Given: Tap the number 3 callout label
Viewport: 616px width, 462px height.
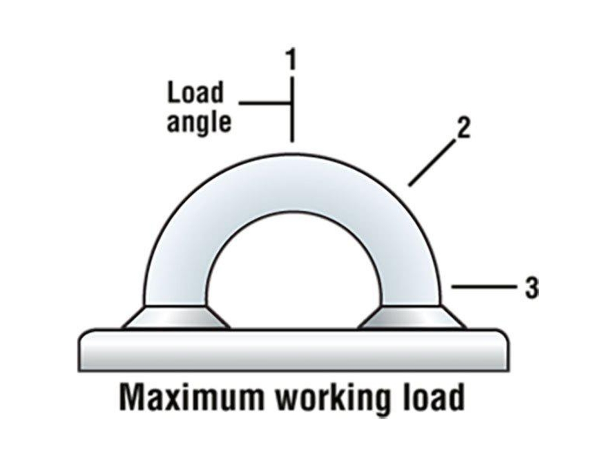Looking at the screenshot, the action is (532, 288).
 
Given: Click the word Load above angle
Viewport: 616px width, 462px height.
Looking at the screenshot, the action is (195, 92).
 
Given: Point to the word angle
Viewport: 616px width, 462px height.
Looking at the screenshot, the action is (199, 122).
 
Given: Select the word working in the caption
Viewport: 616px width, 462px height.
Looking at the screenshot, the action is (331, 398).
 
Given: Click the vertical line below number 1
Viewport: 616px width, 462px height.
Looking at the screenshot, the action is (291, 109).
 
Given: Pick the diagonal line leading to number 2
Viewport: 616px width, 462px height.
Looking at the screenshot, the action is (432, 163).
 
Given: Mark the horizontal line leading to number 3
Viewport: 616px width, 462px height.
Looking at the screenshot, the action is (484, 287).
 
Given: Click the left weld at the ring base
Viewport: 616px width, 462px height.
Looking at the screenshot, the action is (176, 317).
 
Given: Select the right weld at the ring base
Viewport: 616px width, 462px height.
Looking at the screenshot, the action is (412, 317).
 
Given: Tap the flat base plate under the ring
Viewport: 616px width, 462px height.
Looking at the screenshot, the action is (293, 350).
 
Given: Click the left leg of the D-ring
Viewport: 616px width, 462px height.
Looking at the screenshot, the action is (176, 275).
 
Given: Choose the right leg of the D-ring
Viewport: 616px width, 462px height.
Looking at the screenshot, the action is (411, 275).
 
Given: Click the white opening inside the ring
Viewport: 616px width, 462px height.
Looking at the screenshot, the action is (293, 275).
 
